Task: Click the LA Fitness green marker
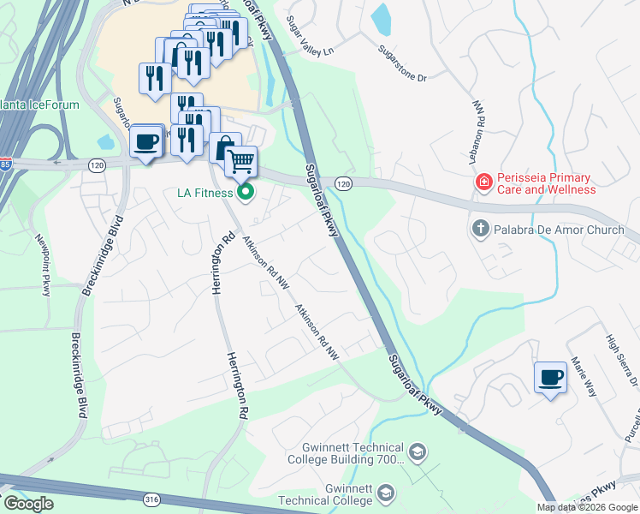(x=246, y=193)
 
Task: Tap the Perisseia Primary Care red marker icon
(x=483, y=182)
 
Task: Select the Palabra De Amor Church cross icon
(x=480, y=229)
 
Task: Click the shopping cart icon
(x=241, y=160)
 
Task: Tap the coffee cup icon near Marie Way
(x=550, y=376)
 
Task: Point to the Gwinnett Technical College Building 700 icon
(x=417, y=451)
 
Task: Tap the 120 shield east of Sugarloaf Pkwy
(x=343, y=184)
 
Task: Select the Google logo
(x=28, y=504)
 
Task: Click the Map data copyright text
(x=587, y=507)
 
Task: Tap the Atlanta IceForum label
(x=39, y=105)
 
